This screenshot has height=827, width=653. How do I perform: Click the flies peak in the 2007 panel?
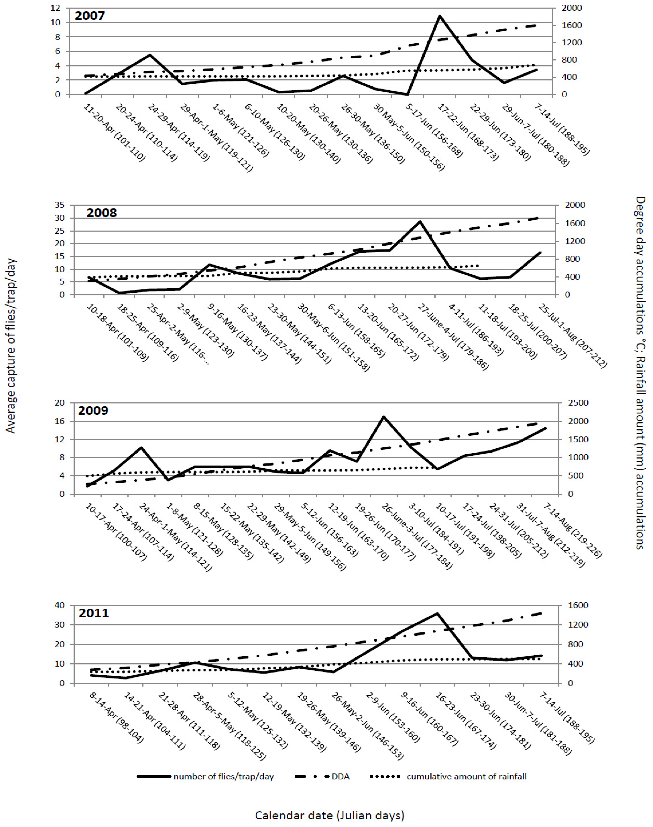440,16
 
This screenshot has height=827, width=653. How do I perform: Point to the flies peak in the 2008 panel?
420,221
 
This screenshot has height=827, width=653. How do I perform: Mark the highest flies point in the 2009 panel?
383,417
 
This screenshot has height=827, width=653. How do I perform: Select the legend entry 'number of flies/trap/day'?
223,777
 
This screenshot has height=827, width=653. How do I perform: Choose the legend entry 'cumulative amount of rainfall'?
466,777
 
